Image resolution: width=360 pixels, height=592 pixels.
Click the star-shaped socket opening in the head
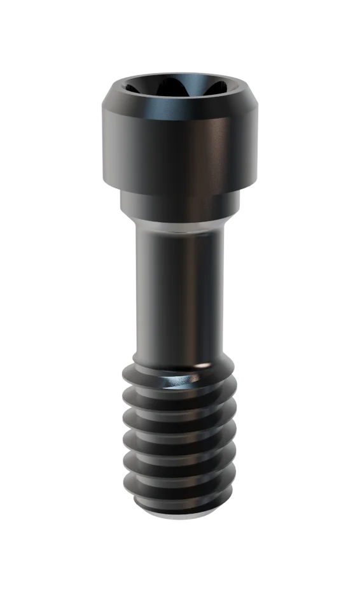(x=179, y=86)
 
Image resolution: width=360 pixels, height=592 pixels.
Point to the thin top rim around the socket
(x=179, y=78)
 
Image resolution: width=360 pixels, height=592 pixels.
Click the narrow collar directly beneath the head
(x=179, y=202)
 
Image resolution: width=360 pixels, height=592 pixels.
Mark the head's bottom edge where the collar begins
(x=179, y=189)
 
